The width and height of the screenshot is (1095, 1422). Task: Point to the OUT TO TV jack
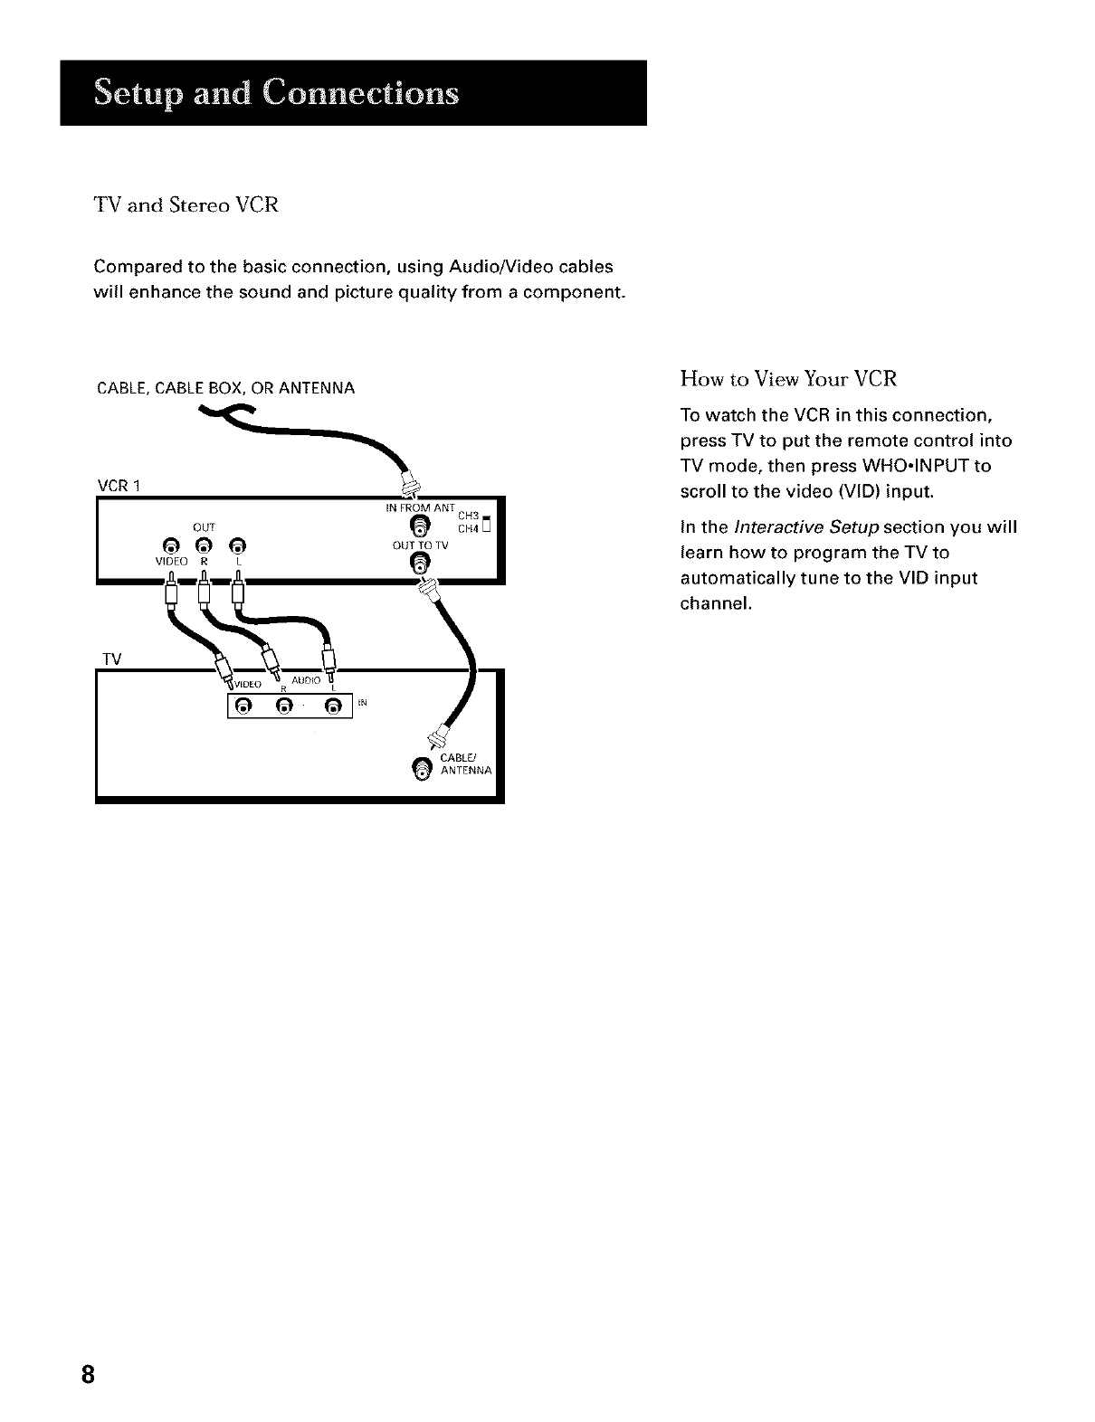coord(418,564)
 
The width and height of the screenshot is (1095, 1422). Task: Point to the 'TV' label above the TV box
coord(111,659)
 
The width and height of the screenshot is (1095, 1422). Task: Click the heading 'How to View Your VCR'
coord(787,379)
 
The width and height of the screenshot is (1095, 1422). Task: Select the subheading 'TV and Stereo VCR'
coord(186,206)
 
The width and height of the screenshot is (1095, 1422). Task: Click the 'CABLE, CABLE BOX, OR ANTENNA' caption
coord(225,388)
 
